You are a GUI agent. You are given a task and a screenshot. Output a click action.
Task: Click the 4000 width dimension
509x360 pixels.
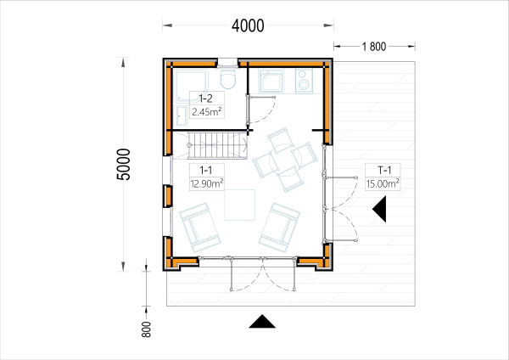(248, 25)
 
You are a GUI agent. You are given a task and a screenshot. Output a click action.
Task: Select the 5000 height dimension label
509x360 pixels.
(123, 164)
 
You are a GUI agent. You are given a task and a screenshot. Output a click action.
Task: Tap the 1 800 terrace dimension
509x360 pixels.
(374, 47)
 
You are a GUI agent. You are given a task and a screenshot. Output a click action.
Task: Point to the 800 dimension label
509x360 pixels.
(147, 329)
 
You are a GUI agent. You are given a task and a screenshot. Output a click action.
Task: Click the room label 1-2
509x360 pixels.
(205, 98)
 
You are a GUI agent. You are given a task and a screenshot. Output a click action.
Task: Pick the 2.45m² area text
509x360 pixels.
(207, 112)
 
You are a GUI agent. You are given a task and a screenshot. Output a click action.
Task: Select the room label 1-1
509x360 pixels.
(206, 170)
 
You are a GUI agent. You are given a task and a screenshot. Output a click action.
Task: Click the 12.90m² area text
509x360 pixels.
(207, 183)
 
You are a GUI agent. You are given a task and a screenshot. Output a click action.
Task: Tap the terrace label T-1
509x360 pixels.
(384, 170)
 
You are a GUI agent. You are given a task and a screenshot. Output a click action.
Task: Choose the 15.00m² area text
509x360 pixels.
(383, 183)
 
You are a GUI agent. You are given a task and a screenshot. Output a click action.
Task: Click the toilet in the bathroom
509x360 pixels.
(228, 77)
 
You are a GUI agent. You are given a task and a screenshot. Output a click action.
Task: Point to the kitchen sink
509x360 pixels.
(271, 81)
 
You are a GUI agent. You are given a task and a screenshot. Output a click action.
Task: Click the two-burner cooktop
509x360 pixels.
(304, 81)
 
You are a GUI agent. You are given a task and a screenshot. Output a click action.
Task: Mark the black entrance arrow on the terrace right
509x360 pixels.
(381, 209)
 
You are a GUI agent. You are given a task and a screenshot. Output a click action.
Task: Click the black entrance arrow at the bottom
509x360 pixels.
(262, 322)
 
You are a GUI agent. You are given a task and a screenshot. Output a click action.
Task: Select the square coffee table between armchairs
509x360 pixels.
(239, 205)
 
